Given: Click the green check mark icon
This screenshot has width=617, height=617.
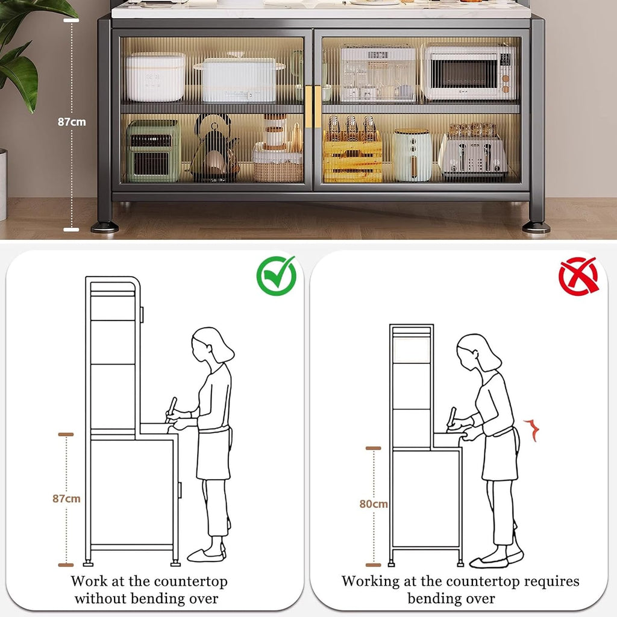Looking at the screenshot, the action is point(276,275).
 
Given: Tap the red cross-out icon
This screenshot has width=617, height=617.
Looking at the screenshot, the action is point(578,276).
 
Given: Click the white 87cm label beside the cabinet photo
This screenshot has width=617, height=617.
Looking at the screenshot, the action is point(72,122).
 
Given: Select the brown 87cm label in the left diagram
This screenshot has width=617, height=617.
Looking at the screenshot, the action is point(66,498).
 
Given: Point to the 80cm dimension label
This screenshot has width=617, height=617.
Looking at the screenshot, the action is point(374,504).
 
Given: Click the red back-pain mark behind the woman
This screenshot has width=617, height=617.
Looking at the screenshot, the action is point(531,430).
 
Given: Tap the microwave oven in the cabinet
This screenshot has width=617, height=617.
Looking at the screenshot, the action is point(469,72).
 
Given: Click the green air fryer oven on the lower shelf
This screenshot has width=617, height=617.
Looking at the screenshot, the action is point(153,151).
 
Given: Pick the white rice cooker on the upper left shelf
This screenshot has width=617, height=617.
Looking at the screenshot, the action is point(156,77).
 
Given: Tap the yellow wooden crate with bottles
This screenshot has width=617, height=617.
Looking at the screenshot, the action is point(352,155).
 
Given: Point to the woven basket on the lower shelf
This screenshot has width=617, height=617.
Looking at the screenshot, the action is point(278,163).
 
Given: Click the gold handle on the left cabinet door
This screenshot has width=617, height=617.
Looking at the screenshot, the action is point(308,107).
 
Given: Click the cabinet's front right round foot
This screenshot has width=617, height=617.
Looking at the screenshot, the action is point(536,227).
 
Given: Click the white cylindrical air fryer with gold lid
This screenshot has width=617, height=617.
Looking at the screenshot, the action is point(412,155).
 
